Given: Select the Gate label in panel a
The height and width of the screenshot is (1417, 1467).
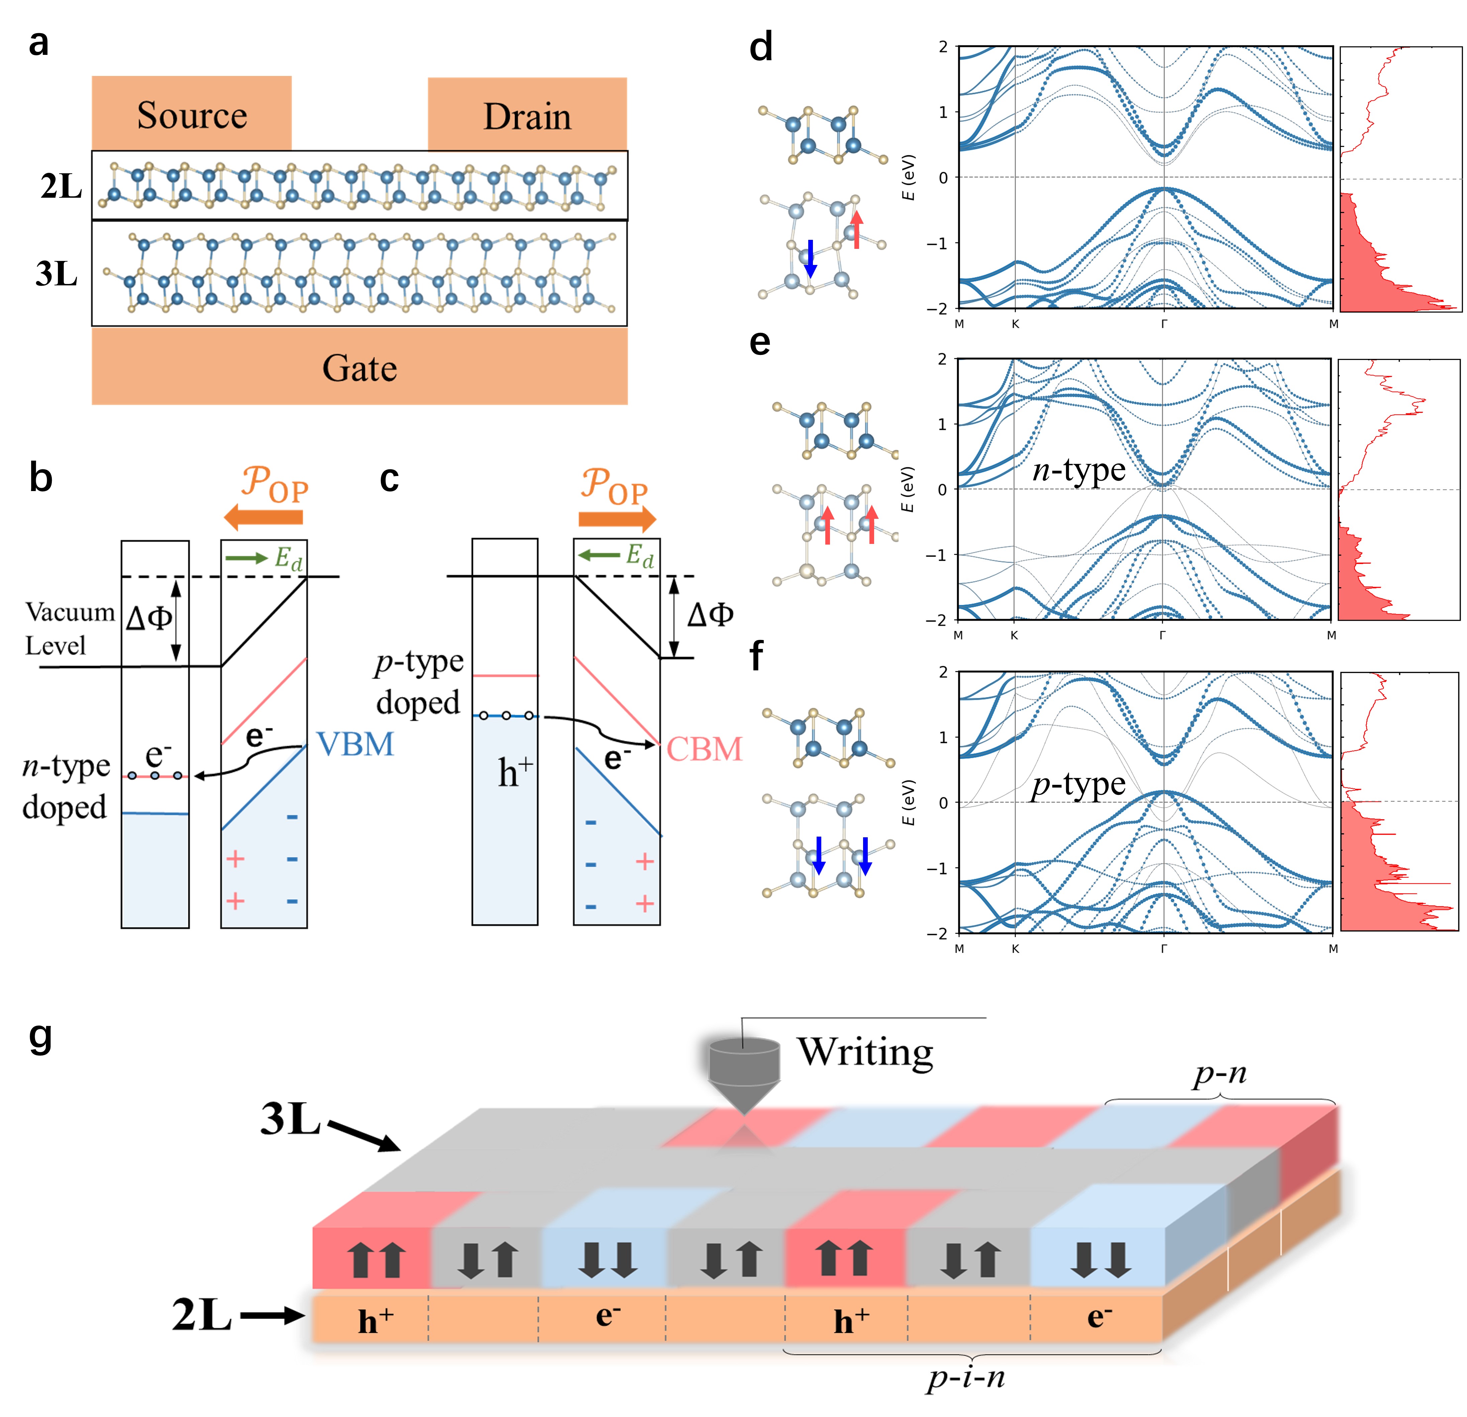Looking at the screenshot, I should click(x=359, y=368).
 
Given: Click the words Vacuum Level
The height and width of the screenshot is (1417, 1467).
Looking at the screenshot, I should click(x=69, y=629).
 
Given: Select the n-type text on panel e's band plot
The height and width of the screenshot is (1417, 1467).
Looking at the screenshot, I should click(x=1078, y=470).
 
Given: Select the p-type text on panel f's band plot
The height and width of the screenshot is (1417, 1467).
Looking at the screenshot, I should click(x=1078, y=784).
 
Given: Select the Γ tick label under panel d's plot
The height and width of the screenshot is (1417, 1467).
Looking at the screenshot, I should click(x=1164, y=324).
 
